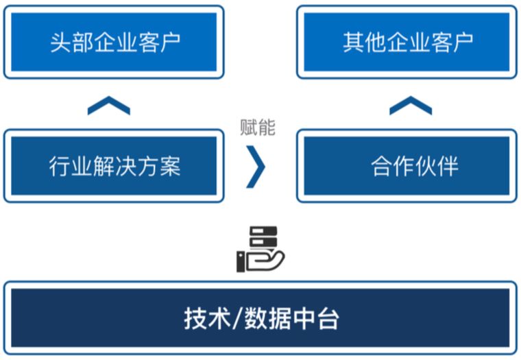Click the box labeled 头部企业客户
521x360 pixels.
point(114,42)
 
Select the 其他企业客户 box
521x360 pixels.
point(407,42)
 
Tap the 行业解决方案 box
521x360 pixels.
point(114,166)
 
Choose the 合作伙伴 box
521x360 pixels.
point(407,166)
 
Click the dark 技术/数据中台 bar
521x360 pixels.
point(260,318)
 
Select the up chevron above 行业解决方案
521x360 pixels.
point(109,106)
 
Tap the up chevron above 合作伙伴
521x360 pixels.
point(410,106)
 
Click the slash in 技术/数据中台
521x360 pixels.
point(237,319)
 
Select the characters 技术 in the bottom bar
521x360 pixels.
point(207,319)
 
